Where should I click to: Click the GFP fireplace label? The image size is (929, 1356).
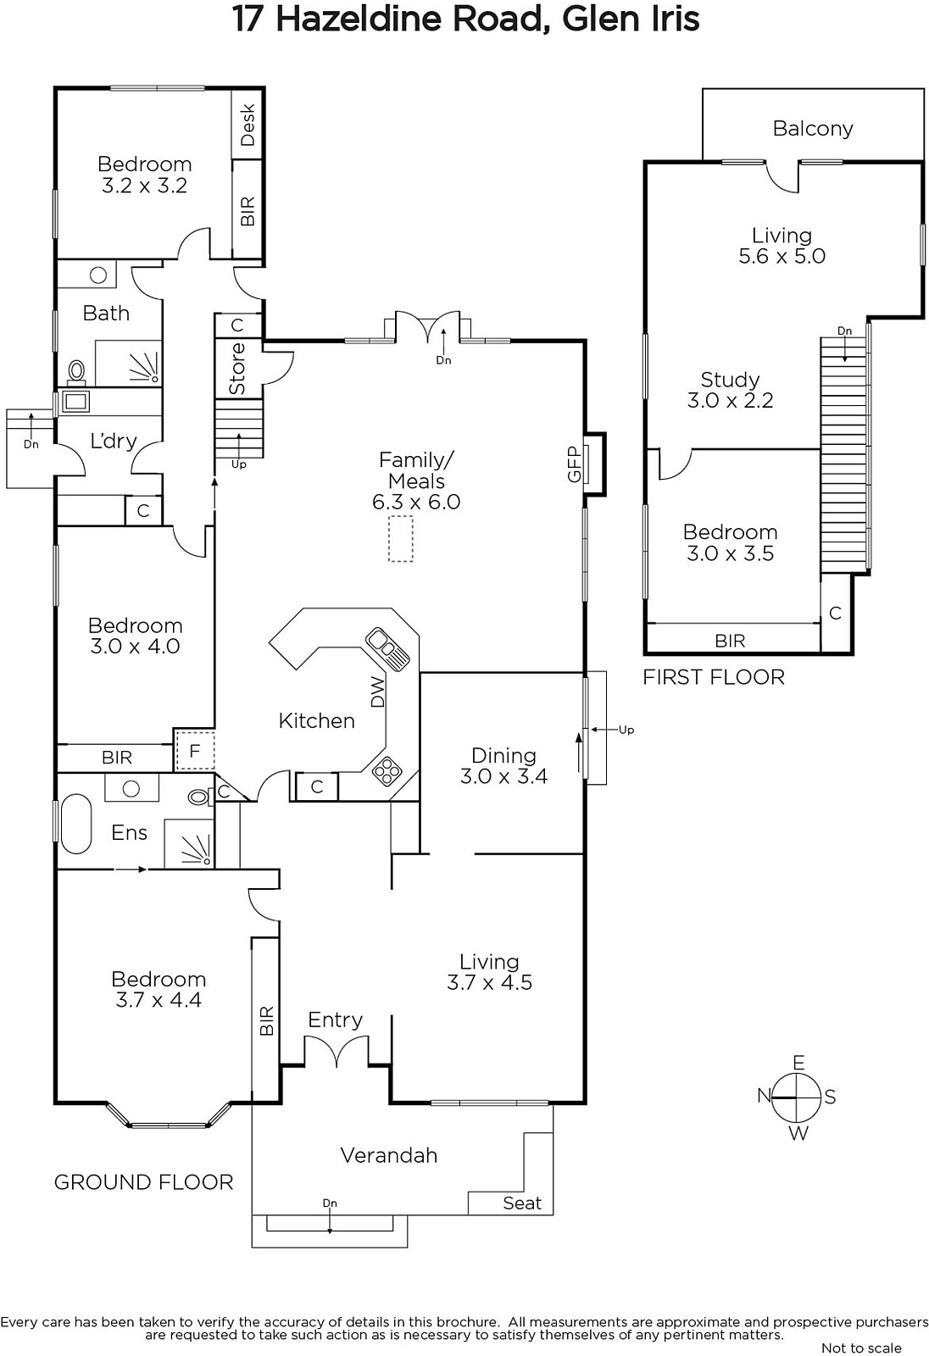coord(574,464)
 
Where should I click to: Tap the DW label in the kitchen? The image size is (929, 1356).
coord(377,692)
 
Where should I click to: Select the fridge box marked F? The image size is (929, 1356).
coord(194,750)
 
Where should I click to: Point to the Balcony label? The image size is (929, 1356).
coord(813,128)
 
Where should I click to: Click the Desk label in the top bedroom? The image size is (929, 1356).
coord(248,125)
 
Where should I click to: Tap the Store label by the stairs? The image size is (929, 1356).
coord(237,369)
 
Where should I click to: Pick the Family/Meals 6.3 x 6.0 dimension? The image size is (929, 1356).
coord(416,502)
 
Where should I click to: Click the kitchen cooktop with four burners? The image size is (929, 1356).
coord(387,771)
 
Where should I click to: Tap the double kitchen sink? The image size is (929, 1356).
coord(387,648)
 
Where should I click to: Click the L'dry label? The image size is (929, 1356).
coord(114,441)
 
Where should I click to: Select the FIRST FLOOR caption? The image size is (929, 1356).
coord(714,677)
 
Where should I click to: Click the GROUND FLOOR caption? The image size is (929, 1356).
coord(143,1182)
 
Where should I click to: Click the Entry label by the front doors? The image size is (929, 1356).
coord(335,1020)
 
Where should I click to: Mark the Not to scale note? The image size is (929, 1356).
coord(861,1348)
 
